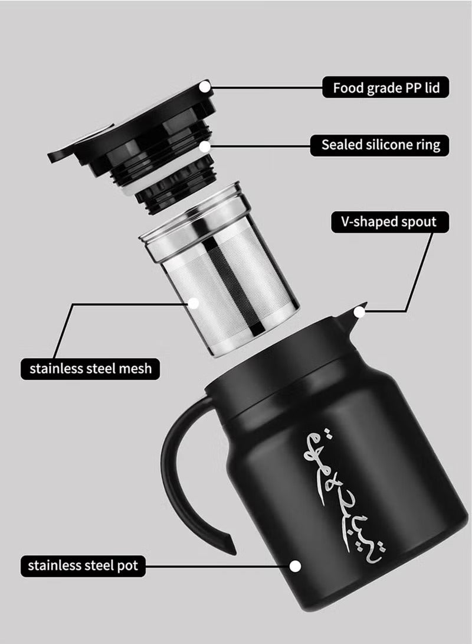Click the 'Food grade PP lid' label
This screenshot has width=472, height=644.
(x=386, y=88)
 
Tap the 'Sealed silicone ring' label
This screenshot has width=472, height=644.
(x=381, y=145)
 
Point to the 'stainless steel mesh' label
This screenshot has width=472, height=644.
(x=90, y=369)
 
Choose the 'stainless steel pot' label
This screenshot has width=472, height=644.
(x=83, y=565)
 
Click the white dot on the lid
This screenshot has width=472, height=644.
(x=205, y=87)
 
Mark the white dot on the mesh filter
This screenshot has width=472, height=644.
(x=193, y=303)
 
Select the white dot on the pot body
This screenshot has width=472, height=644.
(x=296, y=566)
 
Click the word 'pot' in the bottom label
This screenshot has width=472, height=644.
(x=127, y=565)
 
